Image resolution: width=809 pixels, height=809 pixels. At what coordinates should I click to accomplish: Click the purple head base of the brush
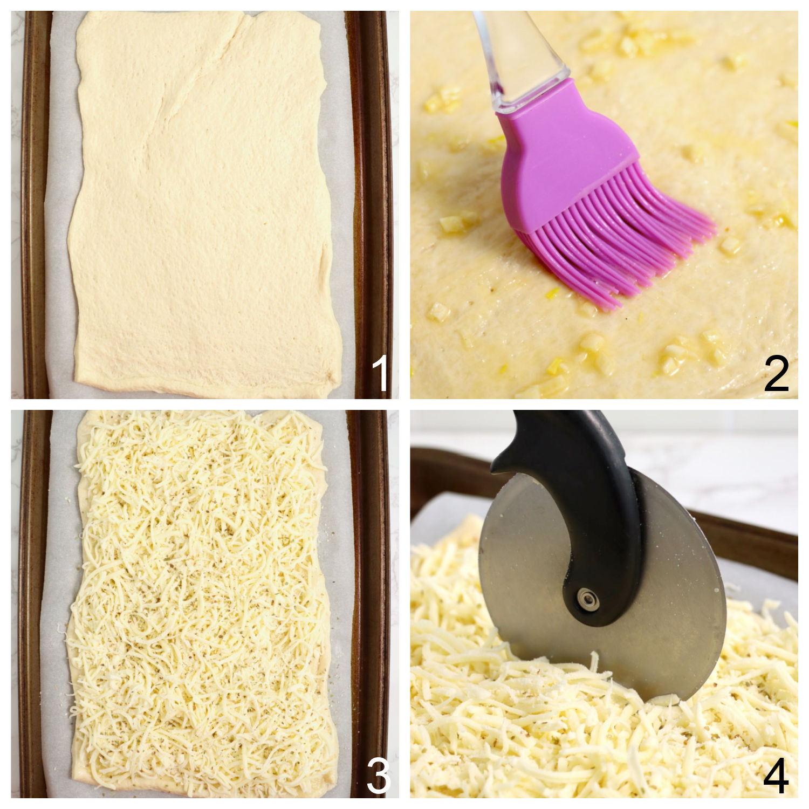[556, 151]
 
